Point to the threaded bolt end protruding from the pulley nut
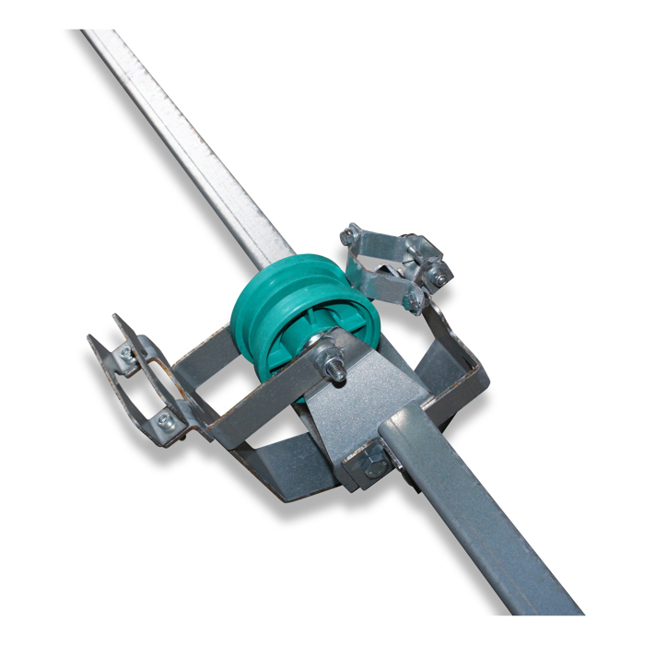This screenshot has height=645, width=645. (x=339, y=371)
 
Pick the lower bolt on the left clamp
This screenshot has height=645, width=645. (x=166, y=420)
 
